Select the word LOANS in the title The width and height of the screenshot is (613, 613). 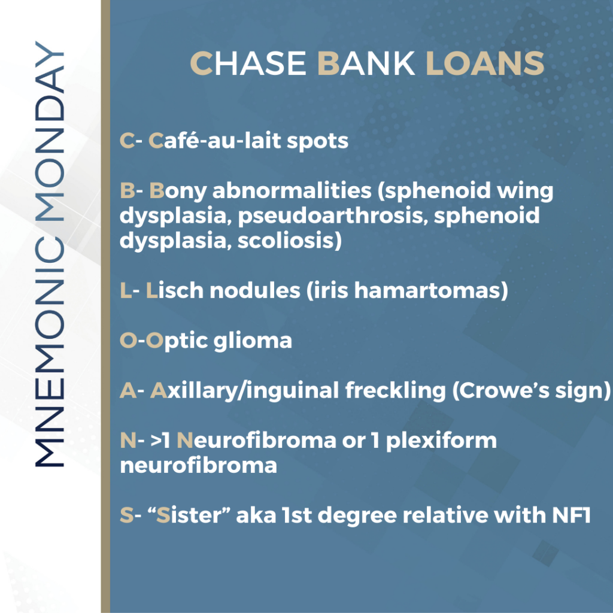pyautogui.click(x=485, y=63)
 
